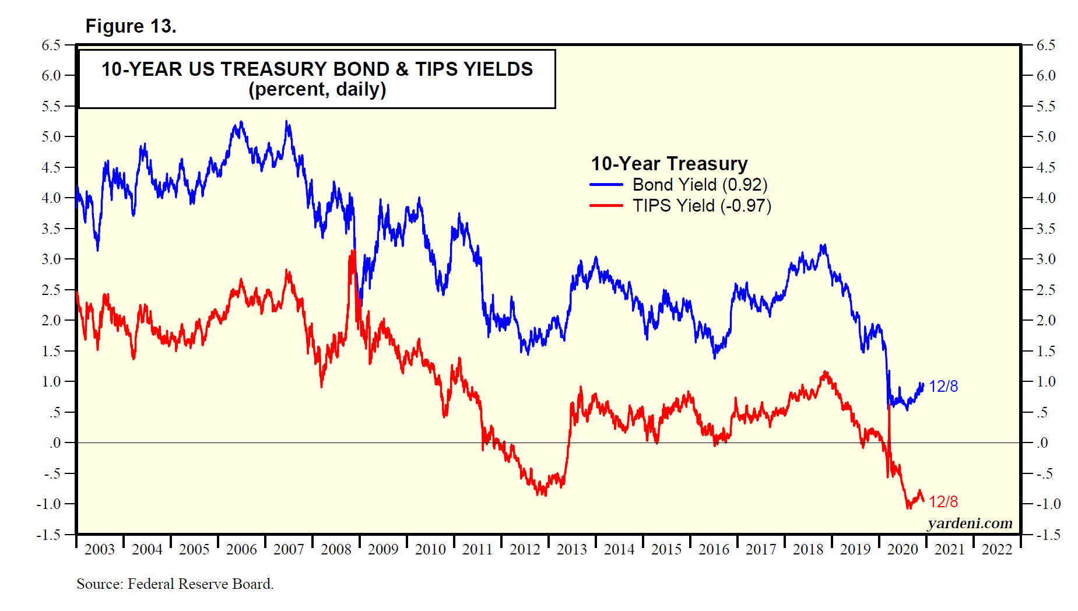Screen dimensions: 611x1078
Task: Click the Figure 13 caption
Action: (x=131, y=26)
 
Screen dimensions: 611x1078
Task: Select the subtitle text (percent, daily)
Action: (x=317, y=90)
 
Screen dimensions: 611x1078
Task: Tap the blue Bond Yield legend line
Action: (x=606, y=185)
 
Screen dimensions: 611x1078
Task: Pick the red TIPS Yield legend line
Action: (x=606, y=206)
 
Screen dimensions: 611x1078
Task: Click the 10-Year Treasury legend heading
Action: (x=669, y=164)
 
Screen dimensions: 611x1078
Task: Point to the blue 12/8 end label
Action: (x=943, y=387)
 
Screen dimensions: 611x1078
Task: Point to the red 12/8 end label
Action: (x=943, y=502)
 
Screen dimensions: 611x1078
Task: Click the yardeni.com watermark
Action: (x=970, y=523)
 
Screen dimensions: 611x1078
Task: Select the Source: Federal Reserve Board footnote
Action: (x=175, y=584)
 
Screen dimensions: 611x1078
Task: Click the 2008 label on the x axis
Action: (x=336, y=549)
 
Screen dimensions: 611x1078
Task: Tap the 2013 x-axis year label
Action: (x=572, y=549)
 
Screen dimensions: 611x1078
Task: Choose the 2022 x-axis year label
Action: (x=997, y=549)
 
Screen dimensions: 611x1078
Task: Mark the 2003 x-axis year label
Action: (x=100, y=549)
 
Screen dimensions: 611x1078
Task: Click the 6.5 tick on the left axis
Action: (x=51, y=45)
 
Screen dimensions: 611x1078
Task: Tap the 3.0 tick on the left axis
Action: (x=51, y=259)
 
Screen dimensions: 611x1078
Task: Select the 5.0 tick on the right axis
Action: (x=1047, y=137)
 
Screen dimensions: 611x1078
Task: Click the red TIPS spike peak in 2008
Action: (x=353, y=251)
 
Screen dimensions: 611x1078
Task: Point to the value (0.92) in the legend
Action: (x=745, y=185)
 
